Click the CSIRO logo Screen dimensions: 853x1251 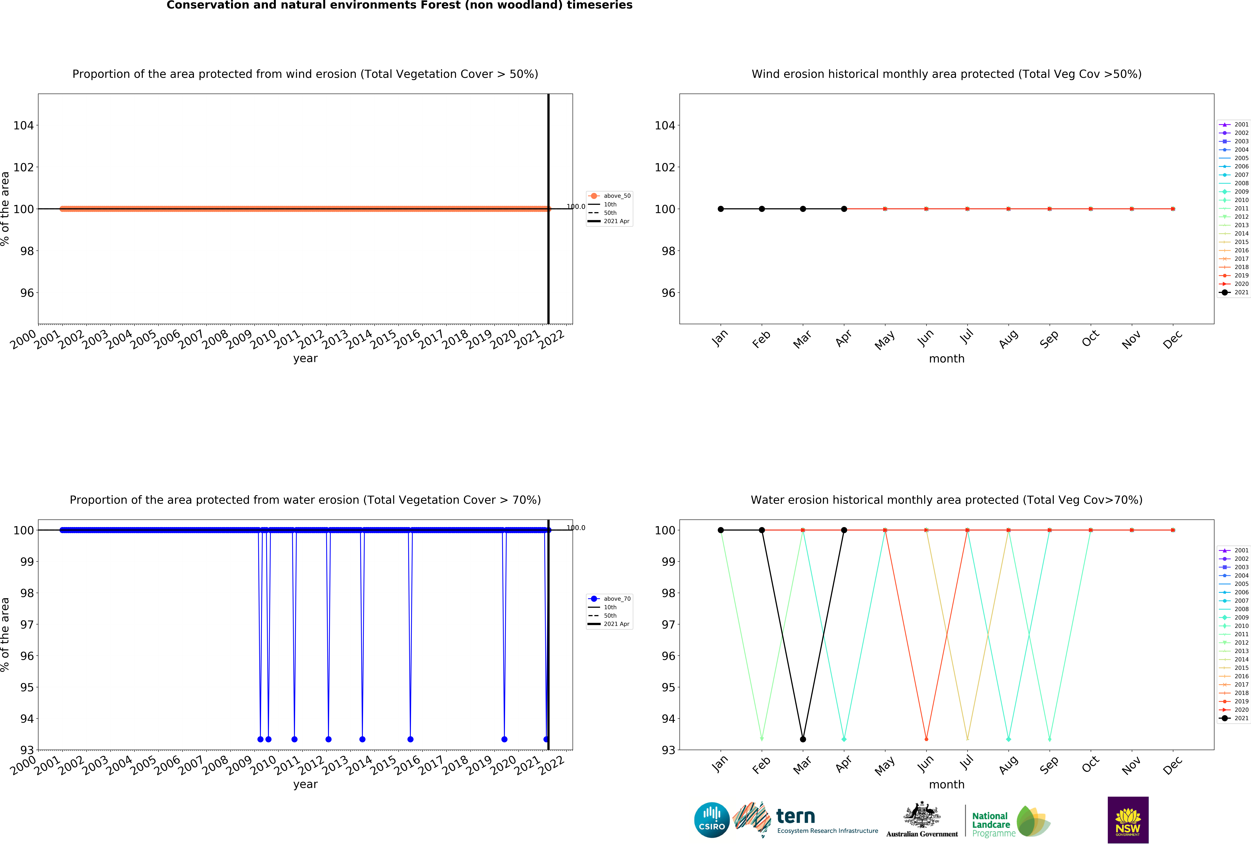pos(712,820)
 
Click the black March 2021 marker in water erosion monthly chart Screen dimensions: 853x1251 pos(803,739)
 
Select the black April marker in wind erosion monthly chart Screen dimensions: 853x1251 pos(844,209)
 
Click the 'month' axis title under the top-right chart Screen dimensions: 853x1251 pos(946,359)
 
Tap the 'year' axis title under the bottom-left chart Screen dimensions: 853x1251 pos(305,784)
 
